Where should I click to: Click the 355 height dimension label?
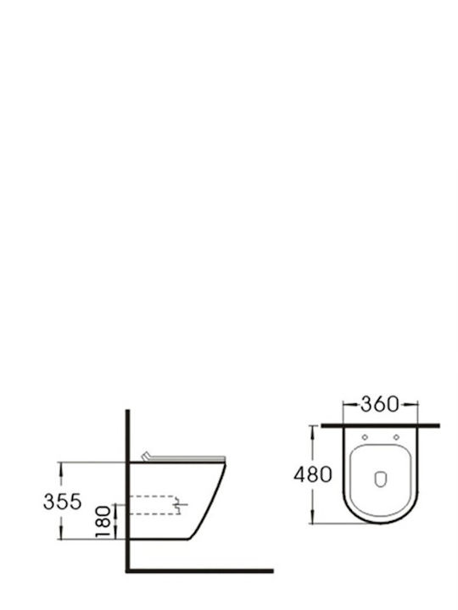coord(62,501)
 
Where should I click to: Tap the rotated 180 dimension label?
coord(103,522)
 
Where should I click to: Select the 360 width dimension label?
coord(380,404)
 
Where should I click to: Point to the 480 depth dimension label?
coord(313,474)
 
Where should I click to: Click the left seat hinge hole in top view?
coord(365,437)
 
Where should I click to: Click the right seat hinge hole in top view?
coord(396,437)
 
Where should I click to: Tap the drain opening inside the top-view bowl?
coord(381,480)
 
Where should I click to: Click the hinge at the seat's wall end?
coord(146,457)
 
